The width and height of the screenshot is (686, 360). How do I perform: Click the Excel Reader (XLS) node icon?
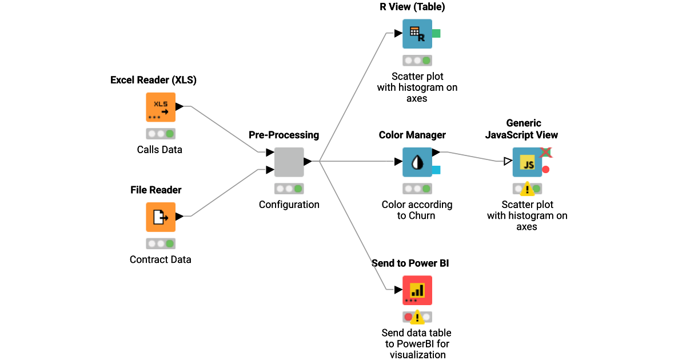click(x=161, y=107)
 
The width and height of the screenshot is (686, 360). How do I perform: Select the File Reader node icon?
click(x=161, y=217)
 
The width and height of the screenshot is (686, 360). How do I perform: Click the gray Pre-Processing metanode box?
click(x=289, y=162)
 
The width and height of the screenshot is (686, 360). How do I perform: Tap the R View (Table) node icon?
click(x=417, y=34)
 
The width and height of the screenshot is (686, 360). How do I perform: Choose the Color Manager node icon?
click(x=417, y=162)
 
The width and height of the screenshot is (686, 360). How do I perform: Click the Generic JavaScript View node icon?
click(x=527, y=162)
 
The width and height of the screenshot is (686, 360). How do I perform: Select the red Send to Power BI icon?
click(x=417, y=290)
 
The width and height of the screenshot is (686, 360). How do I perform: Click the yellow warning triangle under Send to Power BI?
click(x=417, y=317)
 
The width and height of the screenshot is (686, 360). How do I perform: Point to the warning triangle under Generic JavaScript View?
click(x=527, y=189)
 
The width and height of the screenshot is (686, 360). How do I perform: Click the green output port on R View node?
click(x=436, y=34)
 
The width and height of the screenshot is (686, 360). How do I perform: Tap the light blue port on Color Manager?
click(x=436, y=170)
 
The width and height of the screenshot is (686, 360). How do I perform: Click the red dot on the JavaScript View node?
click(x=546, y=170)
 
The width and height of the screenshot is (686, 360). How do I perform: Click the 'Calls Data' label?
click(x=159, y=150)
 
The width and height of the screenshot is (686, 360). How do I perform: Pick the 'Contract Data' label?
click(x=160, y=259)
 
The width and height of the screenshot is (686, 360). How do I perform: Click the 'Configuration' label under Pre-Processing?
click(x=289, y=205)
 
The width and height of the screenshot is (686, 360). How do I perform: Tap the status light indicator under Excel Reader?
click(x=161, y=134)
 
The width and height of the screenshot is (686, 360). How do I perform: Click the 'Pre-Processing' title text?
click(x=284, y=135)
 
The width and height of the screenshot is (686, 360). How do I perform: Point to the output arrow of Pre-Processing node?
click(x=308, y=162)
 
